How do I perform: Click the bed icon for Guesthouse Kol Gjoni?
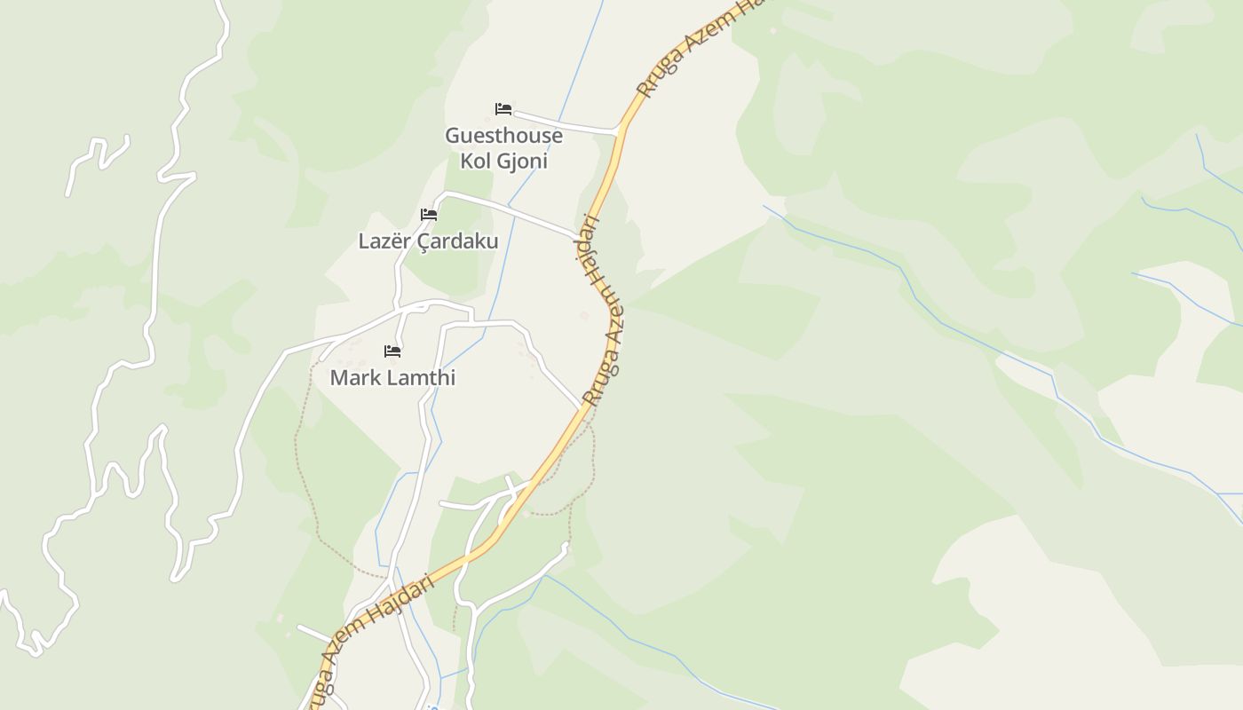tap(503, 109)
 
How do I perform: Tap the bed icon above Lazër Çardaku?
tap(429, 215)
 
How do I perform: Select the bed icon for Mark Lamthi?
tap(392, 351)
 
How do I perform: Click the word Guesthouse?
tap(503, 136)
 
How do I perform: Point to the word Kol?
tap(477, 162)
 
